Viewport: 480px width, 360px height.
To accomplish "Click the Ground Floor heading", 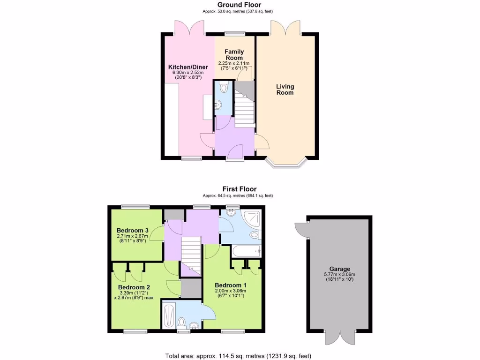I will point(240,5).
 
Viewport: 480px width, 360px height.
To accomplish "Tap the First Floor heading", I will point(240,189).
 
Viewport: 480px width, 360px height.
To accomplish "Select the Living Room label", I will point(285,89).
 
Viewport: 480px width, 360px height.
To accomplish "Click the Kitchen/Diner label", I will point(188,67).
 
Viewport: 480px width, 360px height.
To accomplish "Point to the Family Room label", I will point(234,54).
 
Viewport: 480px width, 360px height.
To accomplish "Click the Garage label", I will point(339,269).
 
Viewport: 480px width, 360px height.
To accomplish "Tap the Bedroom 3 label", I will point(133,230).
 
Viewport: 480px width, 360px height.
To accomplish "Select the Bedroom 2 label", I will point(134,287).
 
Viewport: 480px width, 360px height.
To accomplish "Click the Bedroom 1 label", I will point(230,285).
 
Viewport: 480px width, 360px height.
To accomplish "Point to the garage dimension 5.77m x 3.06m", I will point(339,275).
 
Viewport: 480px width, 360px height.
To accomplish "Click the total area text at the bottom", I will point(238,355).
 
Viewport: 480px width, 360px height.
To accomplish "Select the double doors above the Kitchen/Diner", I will point(189,27).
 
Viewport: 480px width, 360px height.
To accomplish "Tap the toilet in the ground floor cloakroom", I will point(223,88).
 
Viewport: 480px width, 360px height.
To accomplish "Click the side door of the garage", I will point(301,229).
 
